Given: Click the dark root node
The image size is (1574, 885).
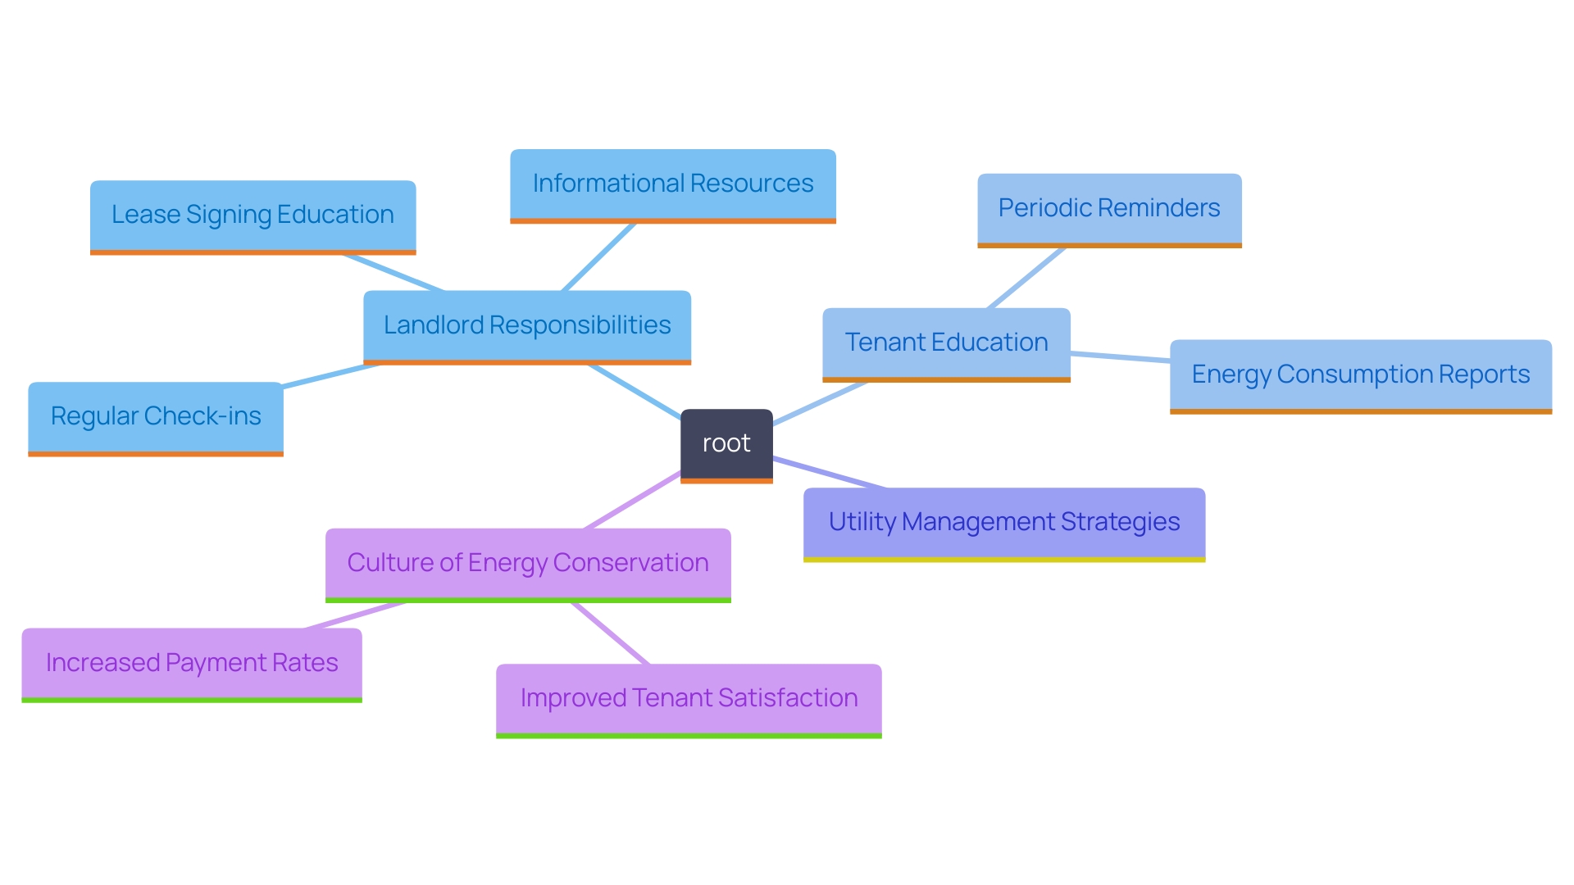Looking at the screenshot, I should pyautogui.click(x=726, y=444).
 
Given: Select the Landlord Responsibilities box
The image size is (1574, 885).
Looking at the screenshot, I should pyautogui.click(x=527, y=326).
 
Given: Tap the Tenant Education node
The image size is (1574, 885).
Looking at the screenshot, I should pyautogui.click(x=946, y=343).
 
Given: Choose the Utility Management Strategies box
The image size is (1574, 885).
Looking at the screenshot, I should pyautogui.click(x=1004, y=523).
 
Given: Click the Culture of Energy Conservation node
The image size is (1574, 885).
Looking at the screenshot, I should pyautogui.click(x=528, y=564).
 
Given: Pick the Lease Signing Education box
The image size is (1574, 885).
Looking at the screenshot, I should pyautogui.click(x=252, y=216).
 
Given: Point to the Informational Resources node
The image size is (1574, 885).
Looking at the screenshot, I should pyautogui.click(x=673, y=184).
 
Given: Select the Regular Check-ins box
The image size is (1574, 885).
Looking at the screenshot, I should pyautogui.click(x=156, y=417).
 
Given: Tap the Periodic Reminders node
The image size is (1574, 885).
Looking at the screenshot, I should pyautogui.click(x=1109, y=209).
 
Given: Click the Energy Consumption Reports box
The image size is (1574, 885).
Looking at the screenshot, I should pyautogui.click(x=1361, y=375).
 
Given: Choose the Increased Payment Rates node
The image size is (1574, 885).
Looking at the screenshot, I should pyautogui.click(x=192, y=664).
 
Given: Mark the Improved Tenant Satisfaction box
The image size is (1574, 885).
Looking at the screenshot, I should pyautogui.click(x=689, y=699).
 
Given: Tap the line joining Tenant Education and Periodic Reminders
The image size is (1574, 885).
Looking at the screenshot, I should pyautogui.click(x=1026, y=278).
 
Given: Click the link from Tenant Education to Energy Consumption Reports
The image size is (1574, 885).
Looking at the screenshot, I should pyautogui.click(x=1120, y=356).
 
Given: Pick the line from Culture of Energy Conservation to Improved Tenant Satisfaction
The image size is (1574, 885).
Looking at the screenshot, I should pyautogui.click(x=611, y=633).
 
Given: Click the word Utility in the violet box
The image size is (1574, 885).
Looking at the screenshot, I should pyautogui.click(x=862, y=523).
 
